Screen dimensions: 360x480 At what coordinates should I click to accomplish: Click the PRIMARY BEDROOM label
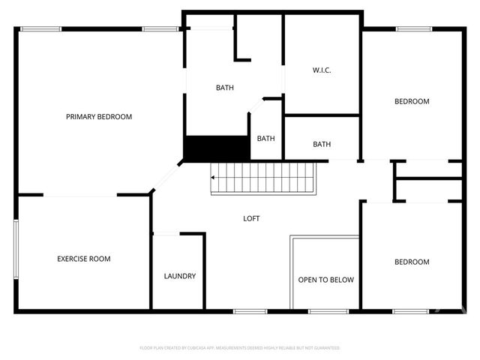(99, 117)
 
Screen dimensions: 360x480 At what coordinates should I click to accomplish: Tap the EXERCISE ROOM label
(84, 259)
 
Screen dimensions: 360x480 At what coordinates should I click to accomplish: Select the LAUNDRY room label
(180, 277)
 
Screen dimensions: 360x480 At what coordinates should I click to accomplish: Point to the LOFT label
(252, 219)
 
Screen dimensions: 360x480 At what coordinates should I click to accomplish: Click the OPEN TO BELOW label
(325, 280)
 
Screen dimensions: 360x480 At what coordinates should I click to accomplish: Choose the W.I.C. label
(322, 70)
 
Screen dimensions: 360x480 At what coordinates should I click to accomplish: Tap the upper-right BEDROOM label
(412, 102)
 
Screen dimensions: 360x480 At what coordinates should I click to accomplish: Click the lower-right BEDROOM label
(412, 262)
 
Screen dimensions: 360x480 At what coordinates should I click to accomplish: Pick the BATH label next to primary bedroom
(225, 88)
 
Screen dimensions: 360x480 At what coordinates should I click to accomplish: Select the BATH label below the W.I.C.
(322, 145)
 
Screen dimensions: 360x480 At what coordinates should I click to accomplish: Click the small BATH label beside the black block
(266, 139)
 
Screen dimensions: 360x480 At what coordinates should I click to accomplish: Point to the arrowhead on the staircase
(213, 178)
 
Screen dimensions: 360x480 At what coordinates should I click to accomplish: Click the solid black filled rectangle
(217, 148)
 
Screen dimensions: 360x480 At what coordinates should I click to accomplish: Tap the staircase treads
(262, 178)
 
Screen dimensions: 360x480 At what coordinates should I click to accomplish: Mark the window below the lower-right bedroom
(410, 310)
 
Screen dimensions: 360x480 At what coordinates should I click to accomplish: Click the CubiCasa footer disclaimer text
(240, 348)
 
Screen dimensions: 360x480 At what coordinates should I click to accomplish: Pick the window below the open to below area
(323, 310)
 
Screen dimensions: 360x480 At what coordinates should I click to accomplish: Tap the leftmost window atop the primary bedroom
(40, 29)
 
